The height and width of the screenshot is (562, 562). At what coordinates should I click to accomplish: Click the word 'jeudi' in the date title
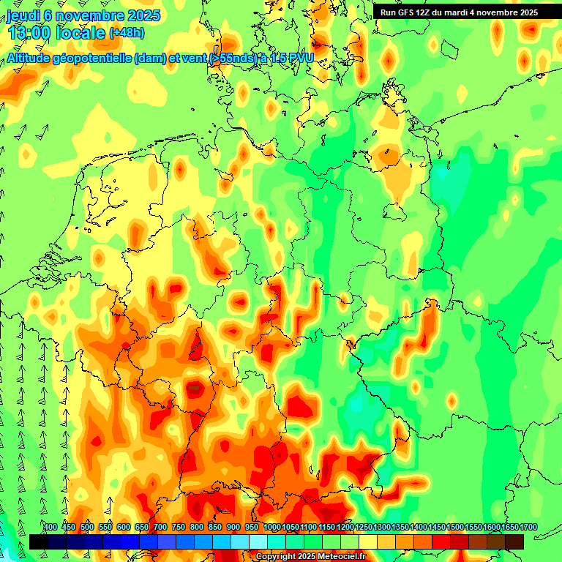pyautogui.click(x=23, y=15)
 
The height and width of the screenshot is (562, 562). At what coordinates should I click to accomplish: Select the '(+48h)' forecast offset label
pyautogui.click(x=127, y=33)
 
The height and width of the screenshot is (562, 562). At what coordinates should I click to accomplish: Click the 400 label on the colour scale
pyautogui.click(x=50, y=528)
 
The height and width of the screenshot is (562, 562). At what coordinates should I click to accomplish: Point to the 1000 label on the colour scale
pyautogui.click(x=271, y=528)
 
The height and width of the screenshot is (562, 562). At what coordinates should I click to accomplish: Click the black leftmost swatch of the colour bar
pyautogui.click(x=38, y=542)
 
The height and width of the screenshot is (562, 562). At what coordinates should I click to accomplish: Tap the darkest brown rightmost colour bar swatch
pyautogui.click(x=514, y=542)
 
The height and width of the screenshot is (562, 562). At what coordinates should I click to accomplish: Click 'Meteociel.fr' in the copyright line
pyautogui.click(x=338, y=557)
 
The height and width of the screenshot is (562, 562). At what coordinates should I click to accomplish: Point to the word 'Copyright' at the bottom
pyautogui.click(x=275, y=557)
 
